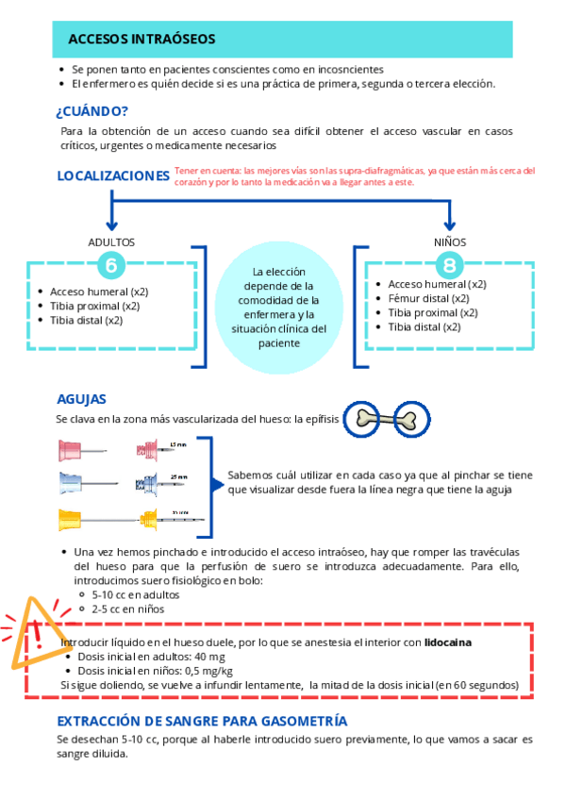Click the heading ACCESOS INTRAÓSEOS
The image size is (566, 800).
pos(141,39)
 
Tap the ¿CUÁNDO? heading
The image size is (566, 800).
pos(92,110)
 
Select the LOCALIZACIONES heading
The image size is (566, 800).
pos(113,175)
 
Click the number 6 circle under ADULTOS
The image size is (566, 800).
pos(112,265)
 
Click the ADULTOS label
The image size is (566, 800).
pos(112,242)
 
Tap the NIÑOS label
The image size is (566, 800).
pos(450,242)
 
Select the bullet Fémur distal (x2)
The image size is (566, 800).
pos(428,298)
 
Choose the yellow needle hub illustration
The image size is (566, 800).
pos(75,518)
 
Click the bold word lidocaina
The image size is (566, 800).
pos(449,642)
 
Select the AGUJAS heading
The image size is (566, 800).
pos(81,399)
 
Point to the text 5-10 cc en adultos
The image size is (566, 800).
pos(136,595)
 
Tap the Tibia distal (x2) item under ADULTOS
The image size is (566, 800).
pos(87,320)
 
